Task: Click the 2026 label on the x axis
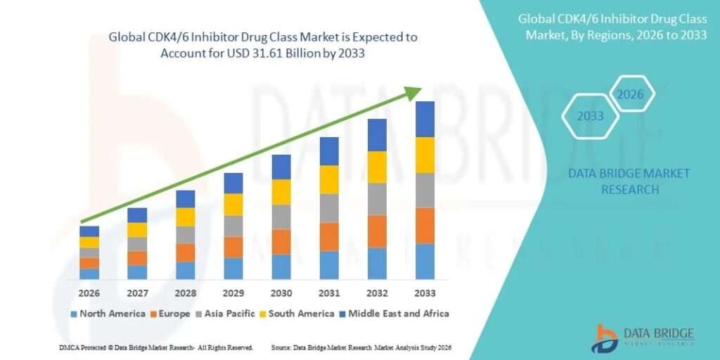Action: (89, 292)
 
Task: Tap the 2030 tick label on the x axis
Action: (281, 292)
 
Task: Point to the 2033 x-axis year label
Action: (425, 292)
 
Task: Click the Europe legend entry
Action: (169, 314)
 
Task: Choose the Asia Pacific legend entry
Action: (230, 314)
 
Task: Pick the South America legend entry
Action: (300, 314)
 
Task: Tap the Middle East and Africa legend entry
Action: (397, 314)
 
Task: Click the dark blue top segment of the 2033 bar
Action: (425, 119)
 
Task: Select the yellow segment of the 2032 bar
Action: (377, 167)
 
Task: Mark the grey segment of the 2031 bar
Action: (329, 208)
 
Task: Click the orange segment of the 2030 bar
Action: (281, 242)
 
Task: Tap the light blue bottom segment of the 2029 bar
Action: (233, 269)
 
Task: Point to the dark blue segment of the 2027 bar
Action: (137, 215)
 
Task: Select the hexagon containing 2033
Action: (591, 116)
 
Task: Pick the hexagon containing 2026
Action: (631, 94)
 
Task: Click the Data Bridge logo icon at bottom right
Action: (605, 338)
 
